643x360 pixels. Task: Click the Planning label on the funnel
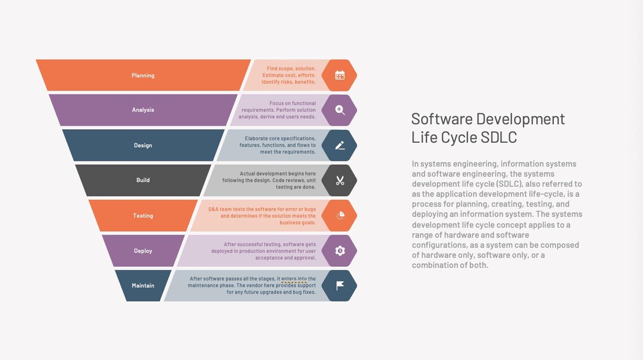click(x=143, y=76)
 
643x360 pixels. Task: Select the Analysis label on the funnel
click(x=143, y=110)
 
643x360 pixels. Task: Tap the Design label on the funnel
click(x=143, y=146)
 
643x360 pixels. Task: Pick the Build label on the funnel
click(x=143, y=180)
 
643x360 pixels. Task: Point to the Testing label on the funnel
click(x=143, y=216)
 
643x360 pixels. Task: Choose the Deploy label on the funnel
click(x=143, y=251)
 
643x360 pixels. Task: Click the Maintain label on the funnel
click(x=143, y=286)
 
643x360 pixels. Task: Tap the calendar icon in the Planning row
click(x=340, y=75)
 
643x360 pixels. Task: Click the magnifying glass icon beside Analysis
click(x=340, y=110)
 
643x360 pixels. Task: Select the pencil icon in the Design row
click(x=340, y=146)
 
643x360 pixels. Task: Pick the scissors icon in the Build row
click(x=340, y=181)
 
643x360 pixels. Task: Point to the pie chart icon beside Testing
click(x=340, y=216)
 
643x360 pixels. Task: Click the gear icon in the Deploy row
click(x=340, y=251)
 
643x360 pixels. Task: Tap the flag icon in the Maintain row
click(x=340, y=286)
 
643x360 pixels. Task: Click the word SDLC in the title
click(x=499, y=138)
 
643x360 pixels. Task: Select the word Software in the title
click(x=442, y=119)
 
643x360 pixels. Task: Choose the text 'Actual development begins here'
click(x=278, y=174)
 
